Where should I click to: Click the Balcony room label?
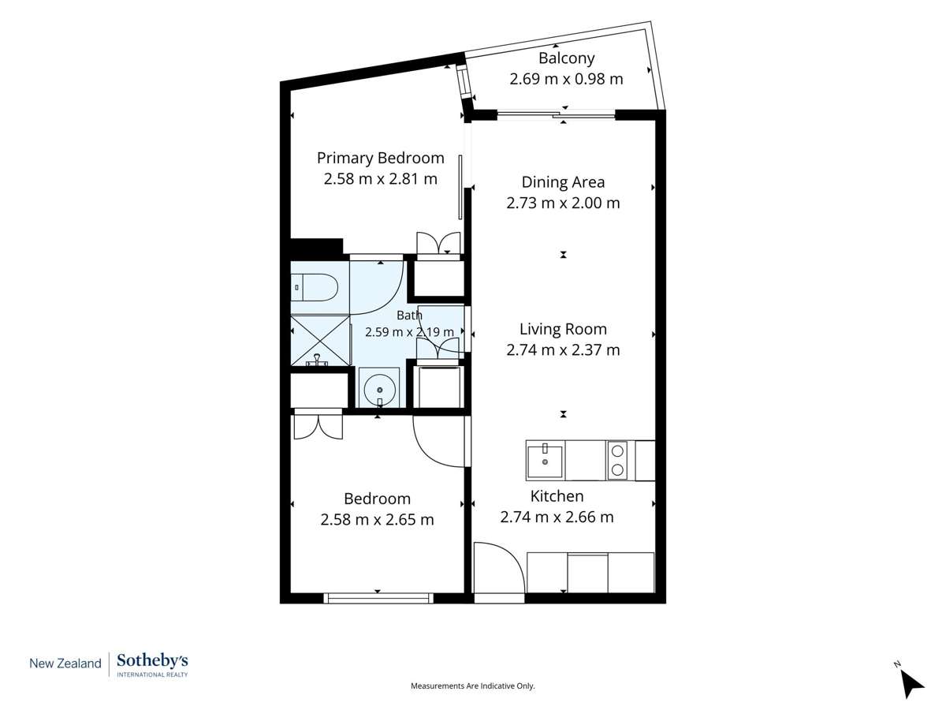(x=566, y=58)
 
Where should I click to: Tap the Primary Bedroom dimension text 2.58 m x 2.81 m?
(x=381, y=179)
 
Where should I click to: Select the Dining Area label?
(x=563, y=182)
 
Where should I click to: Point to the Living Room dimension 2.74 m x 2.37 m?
(x=563, y=350)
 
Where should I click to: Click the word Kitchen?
(x=557, y=496)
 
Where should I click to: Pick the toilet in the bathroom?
(x=315, y=287)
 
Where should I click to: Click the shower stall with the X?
(x=321, y=341)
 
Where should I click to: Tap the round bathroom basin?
(x=380, y=390)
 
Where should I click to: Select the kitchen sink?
(x=546, y=461)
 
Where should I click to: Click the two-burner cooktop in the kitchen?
(x=617, y=461)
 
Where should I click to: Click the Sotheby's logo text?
(x=153, y=661)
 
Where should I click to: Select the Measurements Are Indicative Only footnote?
(x=472, y=686)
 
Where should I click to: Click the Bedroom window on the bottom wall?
(x=378, y=598)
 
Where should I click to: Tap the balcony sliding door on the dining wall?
(x=556, y=114)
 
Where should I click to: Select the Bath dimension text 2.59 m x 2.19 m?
(x=409, y=332)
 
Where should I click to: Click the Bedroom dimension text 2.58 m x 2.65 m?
(x=377, y=520)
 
